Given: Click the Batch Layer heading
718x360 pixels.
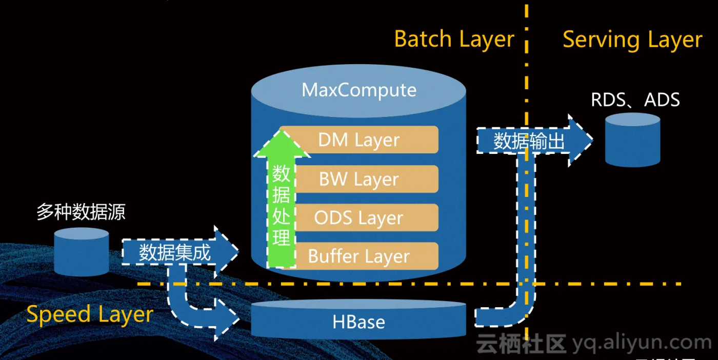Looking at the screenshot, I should point(454,39).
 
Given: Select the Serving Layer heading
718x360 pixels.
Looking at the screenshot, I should point(632,40).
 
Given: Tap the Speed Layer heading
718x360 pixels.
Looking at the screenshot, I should point(90,314).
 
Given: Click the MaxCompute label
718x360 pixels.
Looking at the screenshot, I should point(359,90).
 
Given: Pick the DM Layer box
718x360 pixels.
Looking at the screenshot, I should point(359,139).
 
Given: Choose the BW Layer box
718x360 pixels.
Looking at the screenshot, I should point(359,179).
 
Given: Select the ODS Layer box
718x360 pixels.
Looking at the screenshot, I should point(359,217).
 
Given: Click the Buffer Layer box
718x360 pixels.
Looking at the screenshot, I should point(359,256).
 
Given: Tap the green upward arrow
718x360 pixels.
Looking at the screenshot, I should point(282,200).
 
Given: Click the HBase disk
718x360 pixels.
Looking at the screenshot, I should point(359,322).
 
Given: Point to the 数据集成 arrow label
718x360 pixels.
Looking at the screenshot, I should point(174,252).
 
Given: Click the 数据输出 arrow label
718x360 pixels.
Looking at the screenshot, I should point(528,141).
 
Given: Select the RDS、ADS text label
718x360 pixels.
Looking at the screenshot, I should point(635,99).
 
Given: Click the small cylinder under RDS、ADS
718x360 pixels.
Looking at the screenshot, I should point(632,140).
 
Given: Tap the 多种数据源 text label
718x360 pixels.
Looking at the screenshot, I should point(81,212).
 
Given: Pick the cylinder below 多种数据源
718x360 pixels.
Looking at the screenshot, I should point(82,252).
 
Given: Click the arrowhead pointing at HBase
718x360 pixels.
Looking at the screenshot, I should point(228,321).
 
